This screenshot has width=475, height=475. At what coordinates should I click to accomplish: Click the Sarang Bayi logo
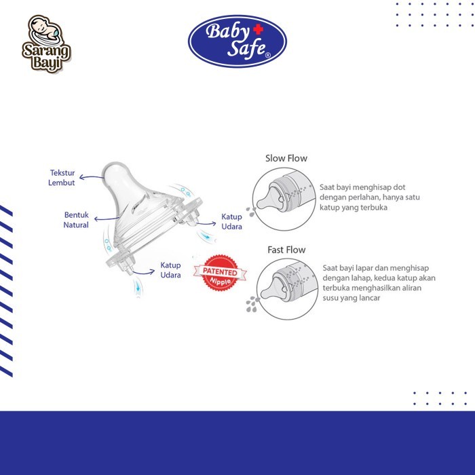coord(46,44)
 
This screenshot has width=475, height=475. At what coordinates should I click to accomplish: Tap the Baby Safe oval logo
coord(237,41)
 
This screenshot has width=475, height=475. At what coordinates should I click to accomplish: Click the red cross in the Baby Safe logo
coord(258,29)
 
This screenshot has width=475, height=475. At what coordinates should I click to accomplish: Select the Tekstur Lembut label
coord(62,178)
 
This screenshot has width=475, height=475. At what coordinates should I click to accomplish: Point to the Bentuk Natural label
coord(76,220)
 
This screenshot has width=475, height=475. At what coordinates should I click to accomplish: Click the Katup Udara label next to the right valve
coord(232,221)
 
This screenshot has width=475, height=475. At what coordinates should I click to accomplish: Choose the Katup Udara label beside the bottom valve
coord(170,270)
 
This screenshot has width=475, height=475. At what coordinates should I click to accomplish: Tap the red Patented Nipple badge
coord(221,273)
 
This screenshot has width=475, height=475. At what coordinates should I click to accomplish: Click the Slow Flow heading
coord(286,158)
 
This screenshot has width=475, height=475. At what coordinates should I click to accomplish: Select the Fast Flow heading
coord(286,250)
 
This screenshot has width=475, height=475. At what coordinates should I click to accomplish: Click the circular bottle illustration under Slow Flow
coord(284,199)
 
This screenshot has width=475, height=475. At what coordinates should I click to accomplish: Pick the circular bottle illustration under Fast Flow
coord(288,289)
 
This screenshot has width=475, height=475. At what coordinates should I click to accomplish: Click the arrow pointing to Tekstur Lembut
coord(92,178)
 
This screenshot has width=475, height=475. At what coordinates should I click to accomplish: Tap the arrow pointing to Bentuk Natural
coord(107,218)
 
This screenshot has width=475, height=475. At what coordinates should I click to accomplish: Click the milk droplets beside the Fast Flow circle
coord(252,304)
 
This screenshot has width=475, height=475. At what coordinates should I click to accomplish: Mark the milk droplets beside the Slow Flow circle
coord(251,212)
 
